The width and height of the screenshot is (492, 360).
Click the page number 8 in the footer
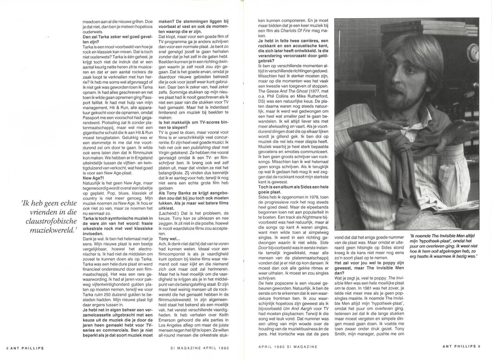(7, 348)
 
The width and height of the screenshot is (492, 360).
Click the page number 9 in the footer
(479, 346)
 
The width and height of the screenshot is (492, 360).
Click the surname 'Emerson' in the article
(168, 315)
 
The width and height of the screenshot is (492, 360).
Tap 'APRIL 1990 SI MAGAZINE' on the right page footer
(288, 346)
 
